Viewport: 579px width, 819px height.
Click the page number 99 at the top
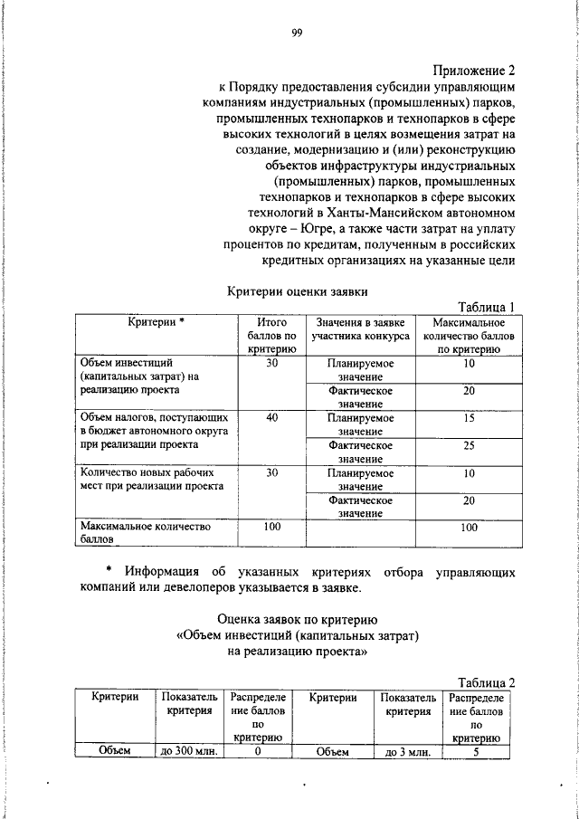pos(296,33)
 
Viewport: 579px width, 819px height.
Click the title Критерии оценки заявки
pos(296,290)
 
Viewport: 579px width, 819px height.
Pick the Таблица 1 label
pos(486,307)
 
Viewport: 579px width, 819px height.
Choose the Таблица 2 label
pos(486,682)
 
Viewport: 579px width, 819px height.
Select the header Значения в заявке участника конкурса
pos(360,328)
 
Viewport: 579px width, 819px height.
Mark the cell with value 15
pos(469,418)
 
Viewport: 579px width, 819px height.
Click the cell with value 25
pos(469,445)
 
